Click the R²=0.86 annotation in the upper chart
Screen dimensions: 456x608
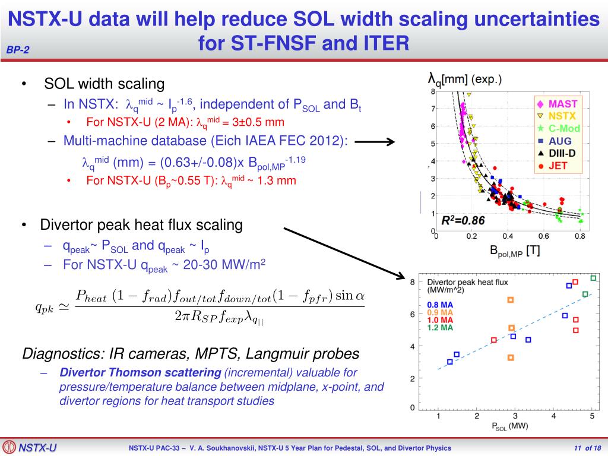point(463,221)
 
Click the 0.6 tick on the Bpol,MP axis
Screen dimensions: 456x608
point(543,236)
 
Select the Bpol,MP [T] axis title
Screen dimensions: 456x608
point(515,251)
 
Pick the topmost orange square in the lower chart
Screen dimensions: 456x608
point(510,300)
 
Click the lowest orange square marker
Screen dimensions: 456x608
point(511,357)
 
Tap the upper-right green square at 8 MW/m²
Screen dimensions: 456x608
point(593,278)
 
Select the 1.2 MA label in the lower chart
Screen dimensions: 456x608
point(440,327)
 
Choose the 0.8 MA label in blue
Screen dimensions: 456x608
point(440,305)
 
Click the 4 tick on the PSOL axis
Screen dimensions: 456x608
point(553,416)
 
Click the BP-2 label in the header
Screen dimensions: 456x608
point(18,50)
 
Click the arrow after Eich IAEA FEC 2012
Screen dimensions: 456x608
point(375,141)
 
